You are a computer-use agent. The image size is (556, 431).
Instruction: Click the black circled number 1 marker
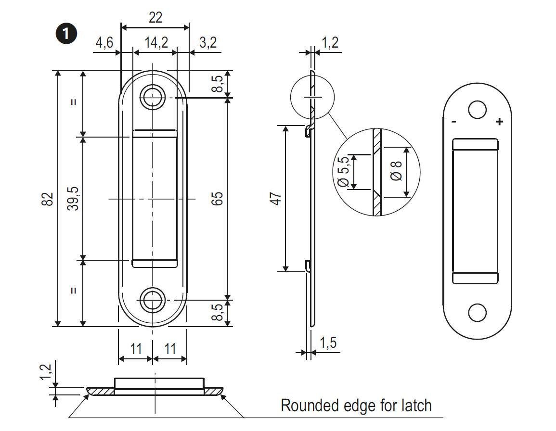(66, 34)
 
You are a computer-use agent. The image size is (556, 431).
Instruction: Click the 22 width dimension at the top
(155, 17)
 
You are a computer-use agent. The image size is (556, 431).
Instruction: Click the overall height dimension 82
(47, 199)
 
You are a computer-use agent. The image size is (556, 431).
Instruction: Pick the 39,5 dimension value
(73, 199)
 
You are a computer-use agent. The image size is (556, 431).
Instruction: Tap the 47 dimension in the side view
(275, 199)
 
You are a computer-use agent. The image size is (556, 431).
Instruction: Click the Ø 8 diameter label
(396, 171)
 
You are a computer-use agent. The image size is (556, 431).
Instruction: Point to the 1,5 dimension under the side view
(328, 343)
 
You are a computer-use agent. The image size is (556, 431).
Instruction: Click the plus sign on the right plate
(499, 122)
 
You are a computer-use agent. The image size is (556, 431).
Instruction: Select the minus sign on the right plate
(453, 122)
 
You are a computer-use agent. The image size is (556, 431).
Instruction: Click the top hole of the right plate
(477, 110)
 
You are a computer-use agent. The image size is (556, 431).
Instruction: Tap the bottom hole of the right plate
(477, 313)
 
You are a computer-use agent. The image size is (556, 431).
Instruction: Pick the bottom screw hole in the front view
(153, 300)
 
